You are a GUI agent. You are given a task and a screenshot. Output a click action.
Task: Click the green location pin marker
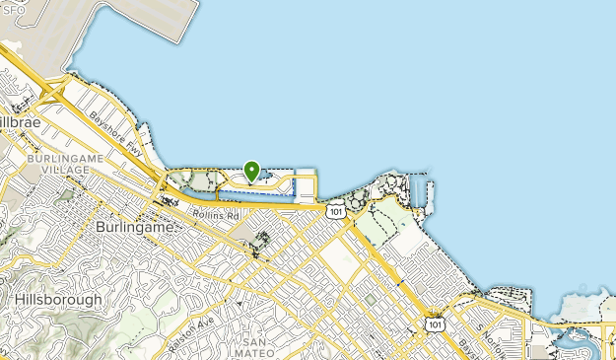(x=251, y=171)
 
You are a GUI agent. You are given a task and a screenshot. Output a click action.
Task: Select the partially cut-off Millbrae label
(x=18, y=119)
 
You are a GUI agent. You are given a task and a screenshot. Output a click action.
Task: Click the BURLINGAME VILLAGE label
(x=58, y=164)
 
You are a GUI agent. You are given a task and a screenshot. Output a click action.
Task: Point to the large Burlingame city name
(x=136, y=226)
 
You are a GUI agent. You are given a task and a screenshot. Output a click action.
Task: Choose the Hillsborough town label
(x=57, y=299)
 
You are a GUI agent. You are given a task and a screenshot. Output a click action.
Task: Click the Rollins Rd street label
(x=216, y=214)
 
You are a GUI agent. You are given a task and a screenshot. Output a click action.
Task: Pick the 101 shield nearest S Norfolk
(x=433, y=323)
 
